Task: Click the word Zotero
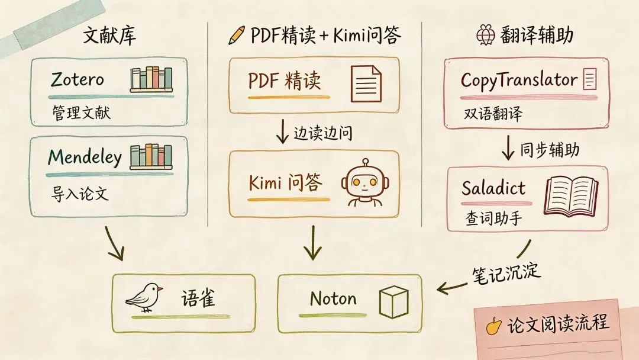[78, 79]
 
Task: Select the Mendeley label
[85, 157]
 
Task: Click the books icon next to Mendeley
[151, 156]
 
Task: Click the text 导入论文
[80, 194]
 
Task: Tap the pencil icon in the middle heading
[237, 36]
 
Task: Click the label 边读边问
[322, 133]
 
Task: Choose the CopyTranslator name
[518, 80]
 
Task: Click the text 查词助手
[493, 220]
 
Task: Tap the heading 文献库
[109, 36]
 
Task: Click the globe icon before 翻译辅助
[485, 36]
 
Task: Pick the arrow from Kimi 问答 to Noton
[311, 243]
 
